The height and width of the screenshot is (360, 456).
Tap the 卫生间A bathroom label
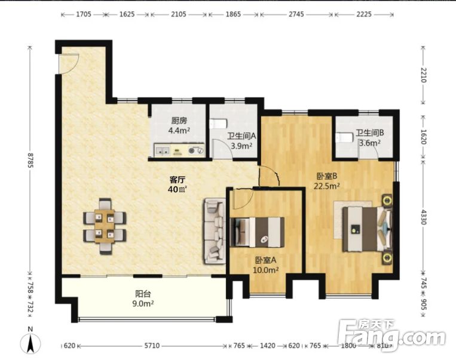pyautogui.click(x=242, y=136)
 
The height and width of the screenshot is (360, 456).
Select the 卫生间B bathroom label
pyautogui.click(x=370, y=134)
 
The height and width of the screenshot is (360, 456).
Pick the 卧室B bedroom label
pyautogui.click(x=328, y=176)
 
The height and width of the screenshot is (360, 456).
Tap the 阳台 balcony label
pyautogui.click(x=143, y=294)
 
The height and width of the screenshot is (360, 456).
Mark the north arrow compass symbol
pyautogui.click(x=30, y=343)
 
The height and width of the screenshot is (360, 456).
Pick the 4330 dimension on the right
pyautogui.click(x=423, y=216)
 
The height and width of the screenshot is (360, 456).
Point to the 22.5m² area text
pyautogui.click(x=326, y=185)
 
